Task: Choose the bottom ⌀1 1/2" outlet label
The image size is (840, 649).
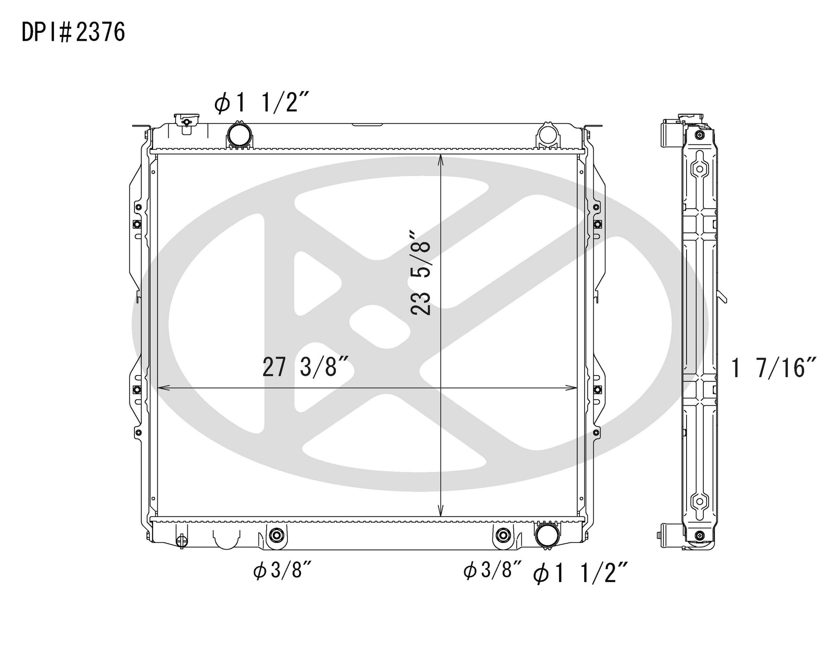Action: pos(581,574)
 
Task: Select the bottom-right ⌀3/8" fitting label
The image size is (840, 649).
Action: pos(493,570)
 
